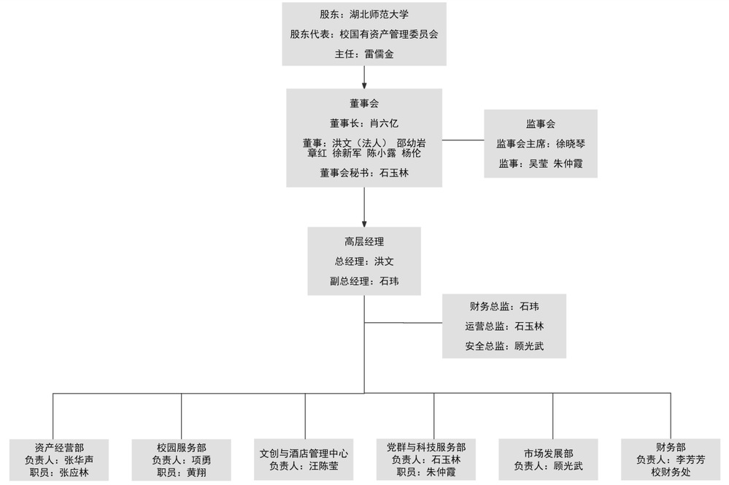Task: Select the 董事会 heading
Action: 363,104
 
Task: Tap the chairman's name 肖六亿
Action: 384,123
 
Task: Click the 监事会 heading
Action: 541,124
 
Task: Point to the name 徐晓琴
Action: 571,144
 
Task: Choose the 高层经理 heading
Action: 363,241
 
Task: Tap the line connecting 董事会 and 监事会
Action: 463,139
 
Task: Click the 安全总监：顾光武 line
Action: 504,346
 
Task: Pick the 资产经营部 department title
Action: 59,447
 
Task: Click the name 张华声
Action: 78,459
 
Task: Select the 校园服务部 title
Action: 181,447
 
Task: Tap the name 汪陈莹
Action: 323,466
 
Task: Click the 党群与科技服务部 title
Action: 426,447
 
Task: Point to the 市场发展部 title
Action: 548,453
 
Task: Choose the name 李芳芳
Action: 690,459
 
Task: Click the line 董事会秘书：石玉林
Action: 363,173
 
